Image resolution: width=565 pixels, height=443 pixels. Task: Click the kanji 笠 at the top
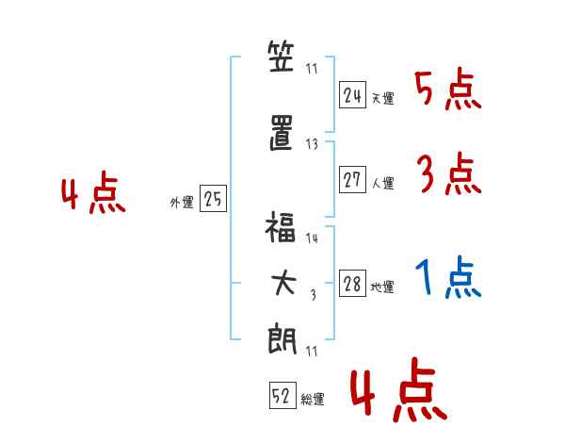point(281,57)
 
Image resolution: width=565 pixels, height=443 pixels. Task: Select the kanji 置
point(281,132)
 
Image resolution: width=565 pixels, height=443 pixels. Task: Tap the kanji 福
point(281,226)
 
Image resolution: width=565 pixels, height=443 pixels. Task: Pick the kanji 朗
point(282,340)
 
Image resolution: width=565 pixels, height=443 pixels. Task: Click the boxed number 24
point(352,94)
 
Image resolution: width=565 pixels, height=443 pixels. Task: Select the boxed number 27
point(352,179)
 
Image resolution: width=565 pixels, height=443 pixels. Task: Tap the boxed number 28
point(352,283)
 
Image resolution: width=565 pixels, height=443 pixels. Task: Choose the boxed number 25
point(213,198)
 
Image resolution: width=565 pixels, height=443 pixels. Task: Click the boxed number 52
point(282,395)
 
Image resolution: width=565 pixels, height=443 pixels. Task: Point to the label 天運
point(382,98)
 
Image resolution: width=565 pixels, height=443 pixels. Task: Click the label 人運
point(383,183)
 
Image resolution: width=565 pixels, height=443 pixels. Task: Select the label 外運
point(182,202)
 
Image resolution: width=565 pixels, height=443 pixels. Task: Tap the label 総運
point(313,400)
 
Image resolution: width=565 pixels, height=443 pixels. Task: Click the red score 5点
point(448,90)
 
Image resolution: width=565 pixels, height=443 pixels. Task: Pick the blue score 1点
point(448,277)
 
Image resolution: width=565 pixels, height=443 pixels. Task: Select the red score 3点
point(449,173)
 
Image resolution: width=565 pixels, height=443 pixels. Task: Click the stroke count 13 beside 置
point(312,144)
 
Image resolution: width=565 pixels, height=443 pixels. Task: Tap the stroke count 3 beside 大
point(314,295)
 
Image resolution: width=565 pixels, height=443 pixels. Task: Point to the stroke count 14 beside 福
point(312,238)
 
